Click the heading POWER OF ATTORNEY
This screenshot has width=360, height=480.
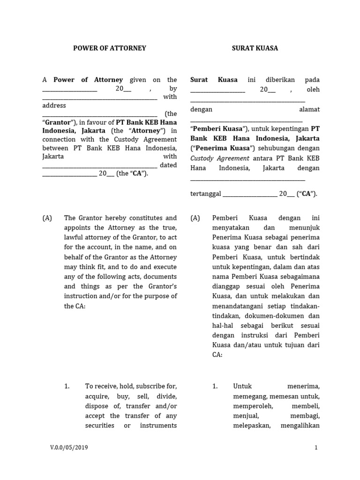pos(110,48)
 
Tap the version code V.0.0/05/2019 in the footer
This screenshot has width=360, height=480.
pos(69,448)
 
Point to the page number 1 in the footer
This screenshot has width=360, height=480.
pos(316,448)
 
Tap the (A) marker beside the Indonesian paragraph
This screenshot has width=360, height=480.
pos(195,218)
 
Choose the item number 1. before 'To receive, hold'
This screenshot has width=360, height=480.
pos(67,386)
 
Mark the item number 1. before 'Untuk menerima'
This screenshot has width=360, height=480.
pos(215,386)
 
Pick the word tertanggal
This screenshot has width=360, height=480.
pos(205,194)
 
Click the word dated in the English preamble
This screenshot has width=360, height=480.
pos(168,165)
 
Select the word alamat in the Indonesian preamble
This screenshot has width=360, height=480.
pos(309,109)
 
